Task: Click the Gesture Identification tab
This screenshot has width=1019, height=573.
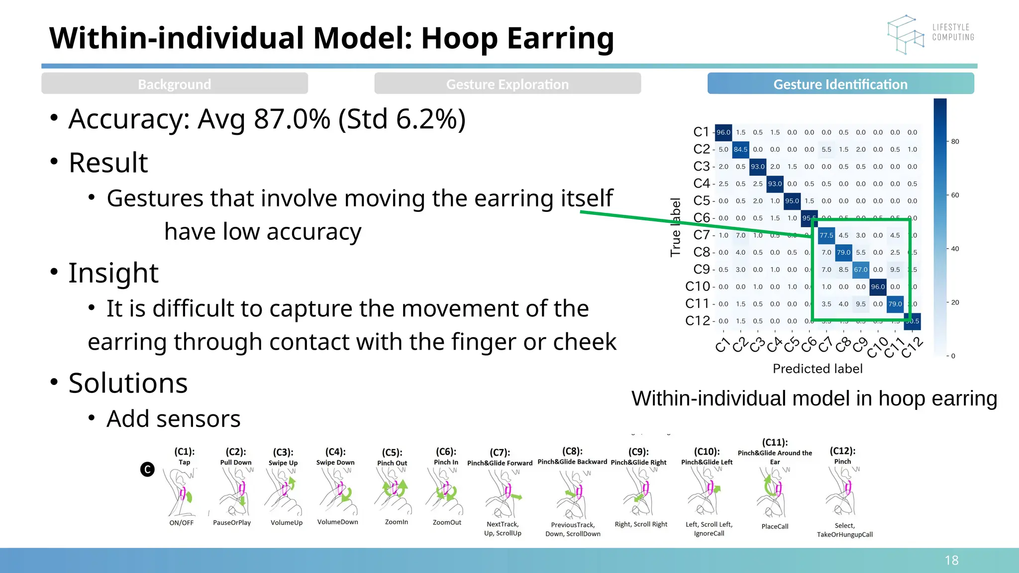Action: [x=840, y=84]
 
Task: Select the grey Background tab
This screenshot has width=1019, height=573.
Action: [x=174, y=84]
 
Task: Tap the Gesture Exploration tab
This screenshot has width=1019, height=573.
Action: [x=507, y=84]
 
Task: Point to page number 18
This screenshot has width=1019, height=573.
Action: [x=951, y=561]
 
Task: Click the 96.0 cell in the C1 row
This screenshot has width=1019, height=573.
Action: [x=723, y=132]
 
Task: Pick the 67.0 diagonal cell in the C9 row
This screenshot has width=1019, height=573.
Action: [x=860, y=270]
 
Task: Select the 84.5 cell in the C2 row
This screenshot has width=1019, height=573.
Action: [x=740, y=149]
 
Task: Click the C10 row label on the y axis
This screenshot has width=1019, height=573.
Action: [x=698, y=286]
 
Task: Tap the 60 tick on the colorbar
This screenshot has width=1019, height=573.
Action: [x=955, y=195]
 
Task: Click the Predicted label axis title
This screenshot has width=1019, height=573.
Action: [x=817, y=369]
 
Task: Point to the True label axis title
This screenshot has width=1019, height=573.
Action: [x=675, y=227]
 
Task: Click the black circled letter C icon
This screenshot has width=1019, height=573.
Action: [x=147, y=469]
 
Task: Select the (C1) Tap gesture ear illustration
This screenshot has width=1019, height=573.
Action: [x=182, y=492]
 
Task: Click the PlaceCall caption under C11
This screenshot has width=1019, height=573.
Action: [x=775, y=526]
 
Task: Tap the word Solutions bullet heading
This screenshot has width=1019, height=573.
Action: [x=128, y=383]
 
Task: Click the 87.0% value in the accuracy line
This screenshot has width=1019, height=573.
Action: [x=292, y=119]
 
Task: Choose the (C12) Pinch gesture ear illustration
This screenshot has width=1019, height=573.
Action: [x=842, y=492]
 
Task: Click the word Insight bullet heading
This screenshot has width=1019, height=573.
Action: [x=113, y=273]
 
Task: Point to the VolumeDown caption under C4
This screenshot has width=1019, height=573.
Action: [x=337, y=522]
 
